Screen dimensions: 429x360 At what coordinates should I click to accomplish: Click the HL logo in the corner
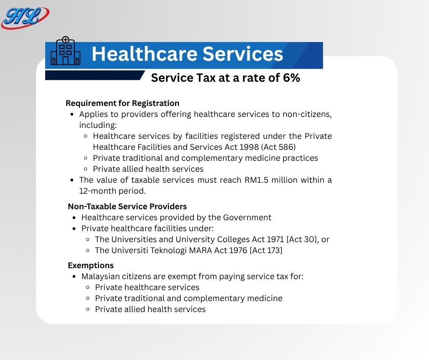[25, 17]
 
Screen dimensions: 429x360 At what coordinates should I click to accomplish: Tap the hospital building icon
[66, 51]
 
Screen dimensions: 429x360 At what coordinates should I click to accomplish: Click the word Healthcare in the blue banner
[144, 54]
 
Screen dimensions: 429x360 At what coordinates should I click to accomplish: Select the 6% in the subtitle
[291, 78]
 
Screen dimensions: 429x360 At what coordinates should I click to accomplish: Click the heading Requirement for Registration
[123, 103]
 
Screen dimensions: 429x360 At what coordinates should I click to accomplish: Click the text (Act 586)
[278, 147]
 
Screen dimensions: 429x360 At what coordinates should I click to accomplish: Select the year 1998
[249, 147]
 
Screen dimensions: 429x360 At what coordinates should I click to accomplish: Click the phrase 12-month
[97, 191]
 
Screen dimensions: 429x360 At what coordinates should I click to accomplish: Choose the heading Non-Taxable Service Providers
[127, 206]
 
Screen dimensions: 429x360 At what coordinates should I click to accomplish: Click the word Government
[247, 217]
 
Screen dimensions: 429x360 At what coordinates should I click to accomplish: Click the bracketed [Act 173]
[266, 250]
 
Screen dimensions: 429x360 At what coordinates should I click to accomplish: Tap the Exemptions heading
[91, 265]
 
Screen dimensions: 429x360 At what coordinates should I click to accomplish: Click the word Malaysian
[100, 276]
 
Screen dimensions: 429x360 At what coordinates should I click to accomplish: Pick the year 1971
[275, 239]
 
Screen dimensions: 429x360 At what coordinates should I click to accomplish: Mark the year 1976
[238, 250]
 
